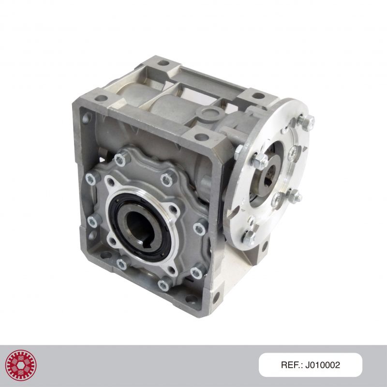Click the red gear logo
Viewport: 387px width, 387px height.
[x=21, y=365]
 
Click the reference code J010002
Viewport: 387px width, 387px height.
[x=322, y=365]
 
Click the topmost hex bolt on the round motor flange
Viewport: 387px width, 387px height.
[x=306, y=121]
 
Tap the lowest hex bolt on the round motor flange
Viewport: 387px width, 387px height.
[x=248, y=238]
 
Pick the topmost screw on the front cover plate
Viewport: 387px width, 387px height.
[x=121, y=159]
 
